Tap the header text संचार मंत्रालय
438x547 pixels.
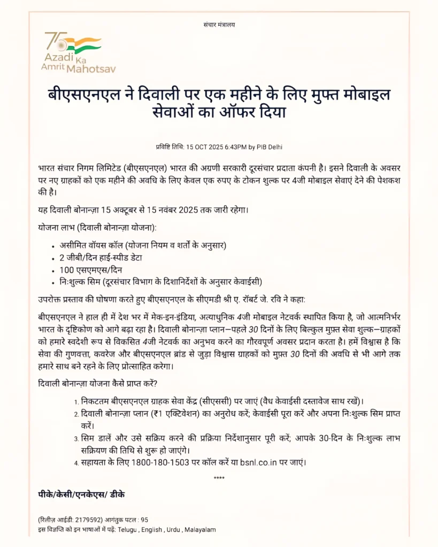point(219,25)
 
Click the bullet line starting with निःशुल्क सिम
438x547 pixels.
point(160,282)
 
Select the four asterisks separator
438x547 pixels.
point(219,478)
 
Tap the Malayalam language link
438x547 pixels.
point(200,529)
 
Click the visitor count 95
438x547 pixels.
point(144,519)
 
